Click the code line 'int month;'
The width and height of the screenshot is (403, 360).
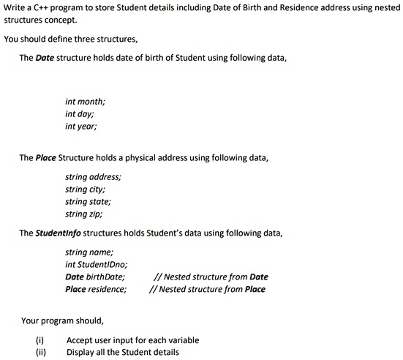pyautogui.click(x=85, y=101)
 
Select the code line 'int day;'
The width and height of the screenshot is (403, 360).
pyautogui.click(x=80, y=113)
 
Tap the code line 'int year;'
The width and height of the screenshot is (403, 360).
pyautogui.click(x=81, y=126)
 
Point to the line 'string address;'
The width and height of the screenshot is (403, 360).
pyautogui.click(x=93, y=177)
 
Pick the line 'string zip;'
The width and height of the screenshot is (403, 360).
pyautogui.click(x=84, y=214)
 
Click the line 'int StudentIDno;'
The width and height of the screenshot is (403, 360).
pyautogui.click(x=97, y=265)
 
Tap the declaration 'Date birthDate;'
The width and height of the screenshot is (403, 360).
pyautogui.click(x=95, y=277)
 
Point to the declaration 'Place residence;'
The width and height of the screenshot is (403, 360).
pyautogui.click(x=96, y=289)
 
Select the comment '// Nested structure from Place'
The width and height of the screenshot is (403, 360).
pyautogui.click(x=207, y=289)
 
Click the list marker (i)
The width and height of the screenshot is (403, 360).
pyautogui.click(x=40, y=340)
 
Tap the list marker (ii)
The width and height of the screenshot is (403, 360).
pyautogui.click(x=40, y=352)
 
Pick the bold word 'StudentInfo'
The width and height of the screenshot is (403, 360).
pyautogui.click(x=58, y=233)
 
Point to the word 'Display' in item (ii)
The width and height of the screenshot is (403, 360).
pyautogui.click(x=81, y=352)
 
